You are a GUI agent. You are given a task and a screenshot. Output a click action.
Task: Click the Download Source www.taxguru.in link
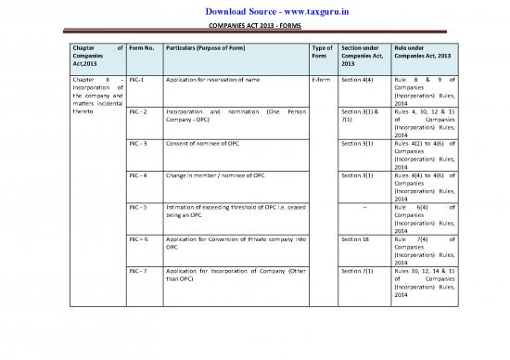[255, 10]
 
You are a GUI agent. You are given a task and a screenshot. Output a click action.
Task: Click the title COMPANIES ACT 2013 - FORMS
[255, 26]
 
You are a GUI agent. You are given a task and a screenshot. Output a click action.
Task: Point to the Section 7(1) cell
[357, 270]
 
